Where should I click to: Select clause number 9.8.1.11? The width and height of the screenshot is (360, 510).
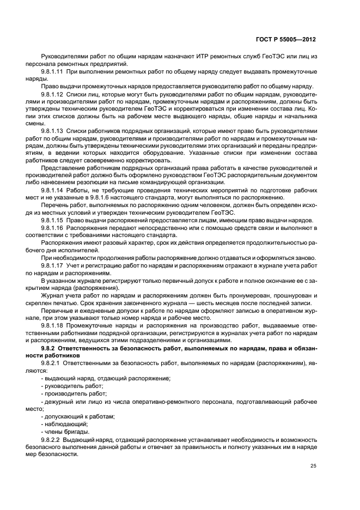tap(52, 72)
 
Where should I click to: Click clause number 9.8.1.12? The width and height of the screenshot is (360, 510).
tap(52, 94)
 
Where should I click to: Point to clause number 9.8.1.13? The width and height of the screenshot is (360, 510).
tap(52, 131)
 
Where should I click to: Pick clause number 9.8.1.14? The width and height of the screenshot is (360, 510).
tap(52, 189)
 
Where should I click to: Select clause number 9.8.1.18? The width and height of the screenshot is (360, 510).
tap(52, 323)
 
